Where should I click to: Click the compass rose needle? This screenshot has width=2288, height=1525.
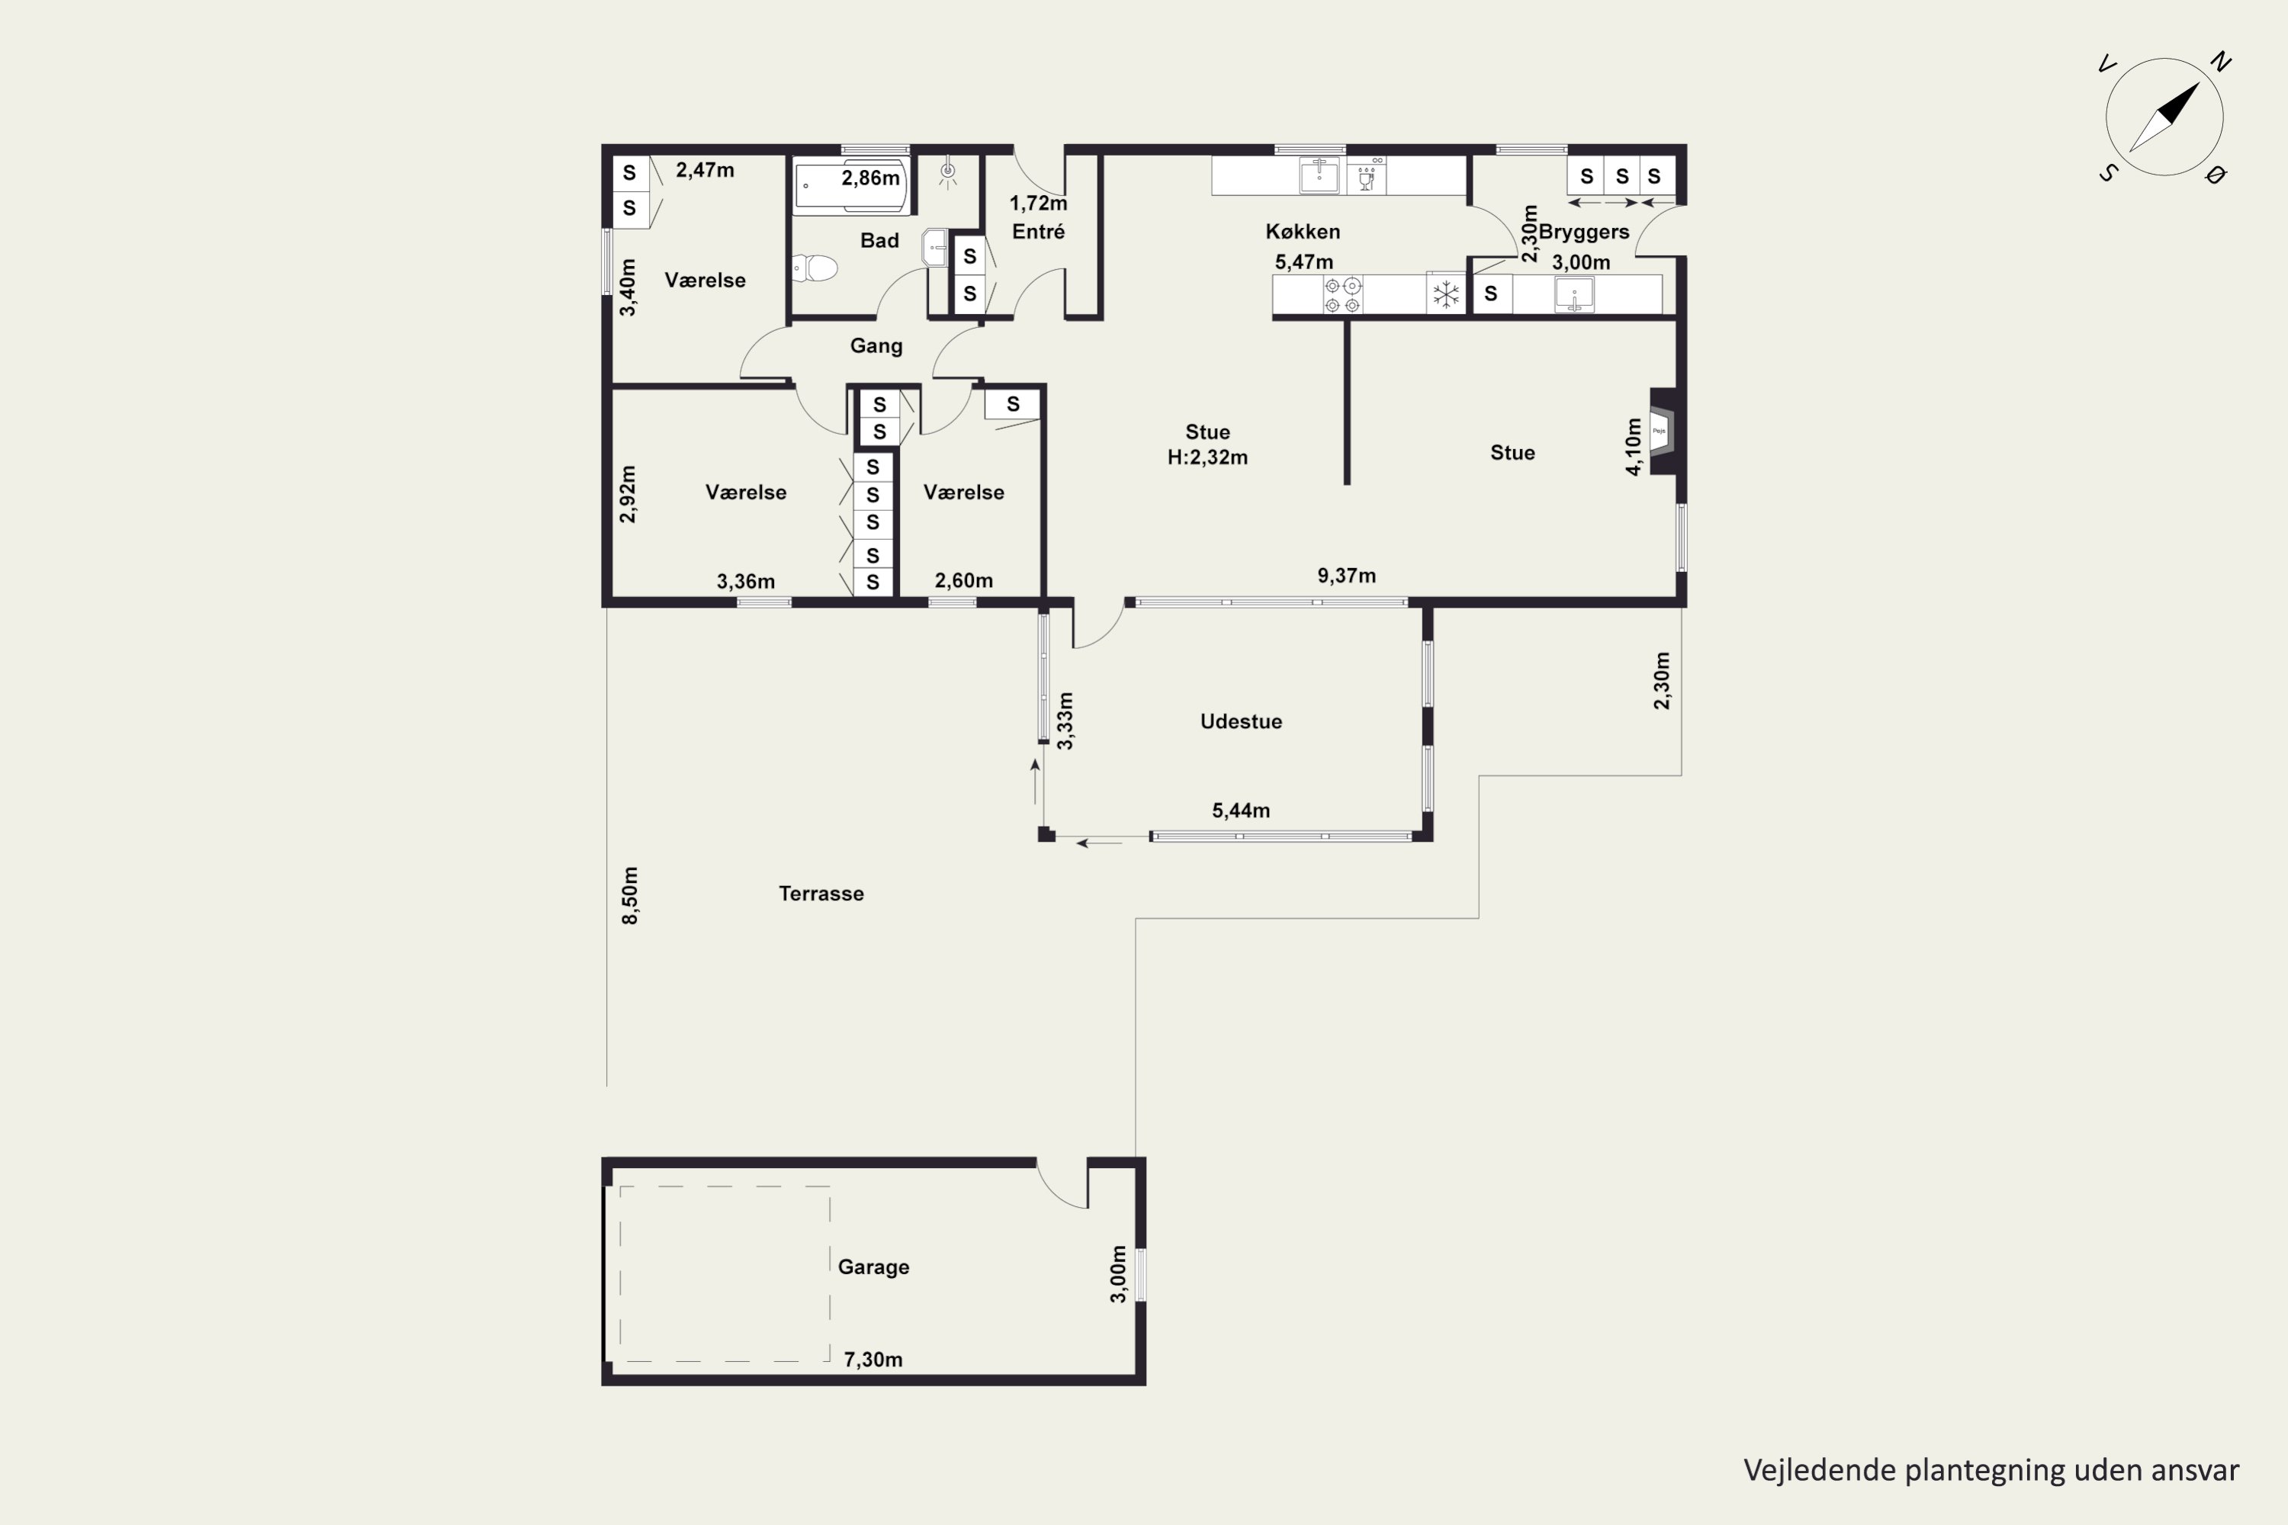coord(2164,117)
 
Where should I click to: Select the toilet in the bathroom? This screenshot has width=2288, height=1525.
coord(815,268)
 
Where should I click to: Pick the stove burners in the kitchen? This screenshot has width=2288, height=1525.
coord(1342,294)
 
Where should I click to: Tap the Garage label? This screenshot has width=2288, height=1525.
coord(873,1267)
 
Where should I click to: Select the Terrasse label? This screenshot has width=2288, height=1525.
coord(821,894)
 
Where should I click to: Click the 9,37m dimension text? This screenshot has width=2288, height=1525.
coord(1346,576)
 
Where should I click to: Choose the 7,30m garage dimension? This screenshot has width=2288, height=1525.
coord(872,1360)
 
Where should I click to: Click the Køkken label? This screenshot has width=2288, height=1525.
coord(1303,232)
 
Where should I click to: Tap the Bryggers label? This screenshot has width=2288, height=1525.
coord(1584,233)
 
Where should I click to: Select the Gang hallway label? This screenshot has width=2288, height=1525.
coord(876,346)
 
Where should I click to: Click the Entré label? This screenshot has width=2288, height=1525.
coord(1038,232)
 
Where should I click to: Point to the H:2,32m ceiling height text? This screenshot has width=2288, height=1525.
coord(1207,457)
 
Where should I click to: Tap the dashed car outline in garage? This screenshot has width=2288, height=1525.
coord(725,1274)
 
